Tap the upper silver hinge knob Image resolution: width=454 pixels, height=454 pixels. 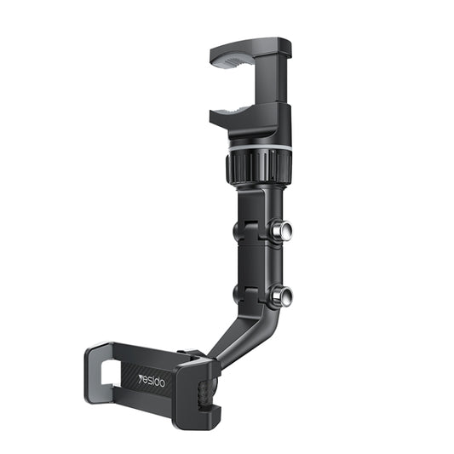(281, 230)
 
